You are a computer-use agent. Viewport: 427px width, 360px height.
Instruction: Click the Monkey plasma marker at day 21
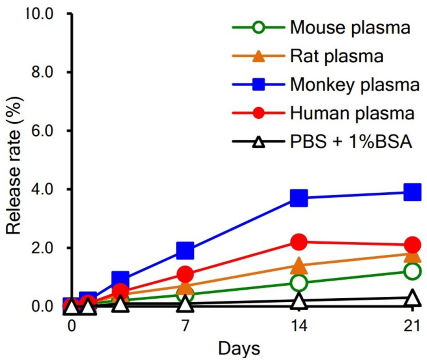pos(412,192)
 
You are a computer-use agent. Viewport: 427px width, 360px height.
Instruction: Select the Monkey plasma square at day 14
pos(299,197)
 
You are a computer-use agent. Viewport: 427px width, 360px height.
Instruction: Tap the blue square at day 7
pos(185,250)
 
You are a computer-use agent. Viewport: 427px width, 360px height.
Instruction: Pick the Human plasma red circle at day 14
pos(299,242)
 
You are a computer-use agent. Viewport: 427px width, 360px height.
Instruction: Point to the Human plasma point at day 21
pos(412,244)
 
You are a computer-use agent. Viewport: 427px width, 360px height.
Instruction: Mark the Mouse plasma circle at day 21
pos(412,271)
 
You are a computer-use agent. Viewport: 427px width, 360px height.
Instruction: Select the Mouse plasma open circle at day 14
pos(299,283)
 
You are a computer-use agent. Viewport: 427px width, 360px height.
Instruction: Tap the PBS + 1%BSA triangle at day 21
pos(412,297)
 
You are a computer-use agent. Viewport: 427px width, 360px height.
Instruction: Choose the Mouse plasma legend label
pos(350,28)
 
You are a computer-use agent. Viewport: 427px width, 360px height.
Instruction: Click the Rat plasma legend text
pos(336,57)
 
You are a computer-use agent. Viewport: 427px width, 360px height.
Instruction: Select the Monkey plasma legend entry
pos(354,85)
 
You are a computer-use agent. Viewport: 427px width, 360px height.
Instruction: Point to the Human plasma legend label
pos(352,114)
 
